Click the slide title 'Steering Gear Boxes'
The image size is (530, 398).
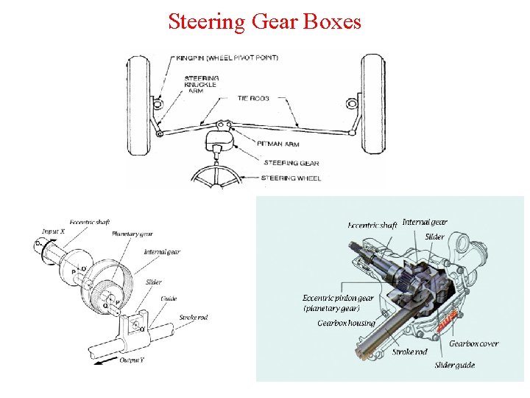264,21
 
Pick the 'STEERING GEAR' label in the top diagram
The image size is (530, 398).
289,162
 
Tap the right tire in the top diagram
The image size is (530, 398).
372,105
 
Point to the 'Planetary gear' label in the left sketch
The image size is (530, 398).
132,234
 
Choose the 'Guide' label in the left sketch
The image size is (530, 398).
169,298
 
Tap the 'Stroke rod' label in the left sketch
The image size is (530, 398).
193,318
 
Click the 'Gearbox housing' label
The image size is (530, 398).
346,323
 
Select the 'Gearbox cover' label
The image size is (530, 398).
473,343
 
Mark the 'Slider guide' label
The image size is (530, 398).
454,365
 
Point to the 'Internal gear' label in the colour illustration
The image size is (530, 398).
425,222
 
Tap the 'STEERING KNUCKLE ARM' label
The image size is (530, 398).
199,85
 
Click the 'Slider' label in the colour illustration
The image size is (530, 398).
434,237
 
